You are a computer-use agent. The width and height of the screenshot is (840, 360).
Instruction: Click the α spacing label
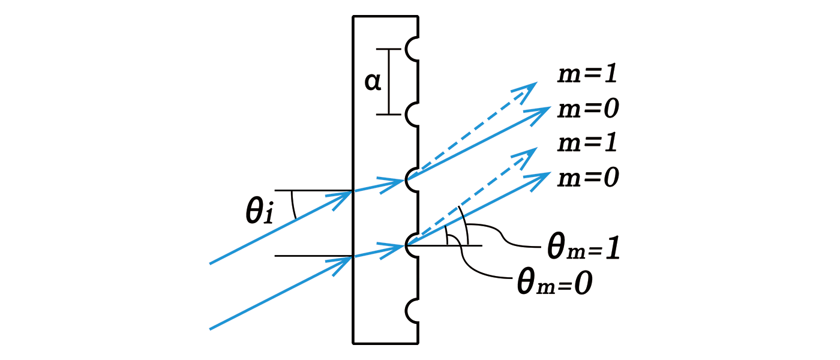373,82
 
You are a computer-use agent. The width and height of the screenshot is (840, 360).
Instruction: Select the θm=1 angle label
583,247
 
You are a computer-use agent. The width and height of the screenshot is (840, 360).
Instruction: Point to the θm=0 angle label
554,283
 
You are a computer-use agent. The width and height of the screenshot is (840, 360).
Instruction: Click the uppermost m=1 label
587,74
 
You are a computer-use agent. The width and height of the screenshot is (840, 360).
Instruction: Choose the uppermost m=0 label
588,109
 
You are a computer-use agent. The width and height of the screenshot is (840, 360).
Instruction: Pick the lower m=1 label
587,143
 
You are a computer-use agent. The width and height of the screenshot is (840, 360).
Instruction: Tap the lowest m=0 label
588,178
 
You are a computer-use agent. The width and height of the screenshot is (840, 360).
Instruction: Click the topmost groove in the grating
412,49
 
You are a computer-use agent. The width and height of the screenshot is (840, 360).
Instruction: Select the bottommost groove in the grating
412,311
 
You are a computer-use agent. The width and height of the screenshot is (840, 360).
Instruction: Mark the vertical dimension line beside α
389,82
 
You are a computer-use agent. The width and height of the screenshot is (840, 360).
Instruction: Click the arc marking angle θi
293,205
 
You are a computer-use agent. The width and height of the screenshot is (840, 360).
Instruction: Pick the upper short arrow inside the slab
379,185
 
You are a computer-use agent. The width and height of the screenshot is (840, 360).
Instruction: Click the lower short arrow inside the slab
379,251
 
